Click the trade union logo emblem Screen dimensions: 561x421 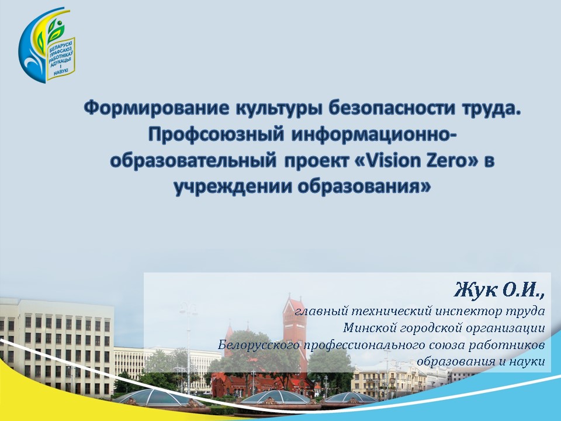pos(47,46)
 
